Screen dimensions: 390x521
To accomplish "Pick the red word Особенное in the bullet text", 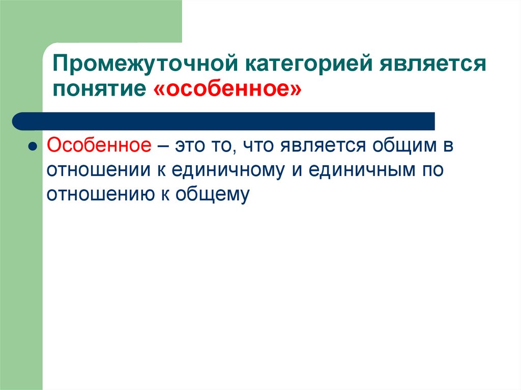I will point(99,146).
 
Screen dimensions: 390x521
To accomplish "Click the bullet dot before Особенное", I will point(32,147).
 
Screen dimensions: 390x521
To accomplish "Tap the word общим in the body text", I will point(404,146).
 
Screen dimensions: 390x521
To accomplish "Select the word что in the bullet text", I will point(258,146).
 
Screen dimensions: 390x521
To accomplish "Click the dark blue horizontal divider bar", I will point(224,121).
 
